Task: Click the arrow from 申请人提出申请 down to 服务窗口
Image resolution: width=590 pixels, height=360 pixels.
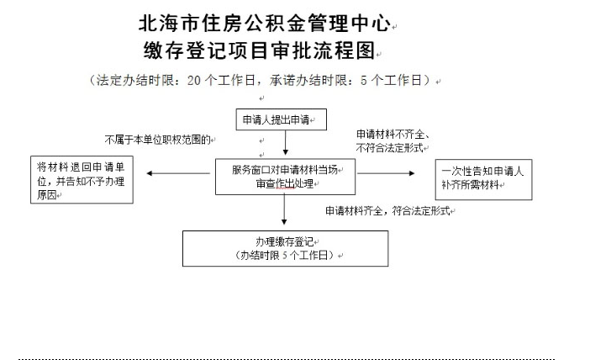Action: [x=285, y=143]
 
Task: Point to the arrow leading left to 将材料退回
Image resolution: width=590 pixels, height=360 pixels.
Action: [x=178, y=173]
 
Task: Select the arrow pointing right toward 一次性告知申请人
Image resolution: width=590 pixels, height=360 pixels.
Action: [x=386, y=173]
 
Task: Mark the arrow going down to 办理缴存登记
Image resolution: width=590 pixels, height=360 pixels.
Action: [x=284, y=209]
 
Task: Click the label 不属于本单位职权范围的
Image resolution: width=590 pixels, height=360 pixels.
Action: [x=157, y=140]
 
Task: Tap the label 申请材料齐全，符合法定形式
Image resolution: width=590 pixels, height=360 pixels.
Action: [x=387, y=210]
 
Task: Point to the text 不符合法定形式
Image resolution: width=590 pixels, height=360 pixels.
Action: [x=389, y=148]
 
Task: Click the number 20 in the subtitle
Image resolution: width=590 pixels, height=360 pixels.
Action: [x=194, y=81]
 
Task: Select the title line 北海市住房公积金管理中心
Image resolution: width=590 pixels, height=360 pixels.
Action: [x=265, y=24]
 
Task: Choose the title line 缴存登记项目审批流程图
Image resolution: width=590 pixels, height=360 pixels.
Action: [x=259, y=50]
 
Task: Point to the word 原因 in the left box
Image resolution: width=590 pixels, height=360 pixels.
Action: [x=47, y=194]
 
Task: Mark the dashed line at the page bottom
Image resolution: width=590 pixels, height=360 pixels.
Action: [x=287, y=359]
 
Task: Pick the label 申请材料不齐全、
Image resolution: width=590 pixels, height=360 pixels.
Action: [x=392, y=135]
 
